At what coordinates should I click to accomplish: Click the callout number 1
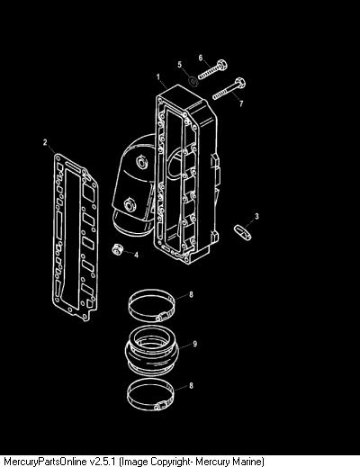(158, 77)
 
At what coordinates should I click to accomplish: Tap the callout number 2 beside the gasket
(45, 142)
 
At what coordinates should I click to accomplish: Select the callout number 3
(256, 216)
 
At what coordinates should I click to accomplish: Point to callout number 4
(137, 256)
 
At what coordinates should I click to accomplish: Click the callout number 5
(180, 65)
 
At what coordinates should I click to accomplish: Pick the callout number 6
(201, 58)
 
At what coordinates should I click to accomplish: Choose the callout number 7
(241, 103)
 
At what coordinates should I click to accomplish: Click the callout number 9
(195, 344)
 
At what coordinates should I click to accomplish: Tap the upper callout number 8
(191, 294)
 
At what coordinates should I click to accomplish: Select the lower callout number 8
(191, 385)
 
